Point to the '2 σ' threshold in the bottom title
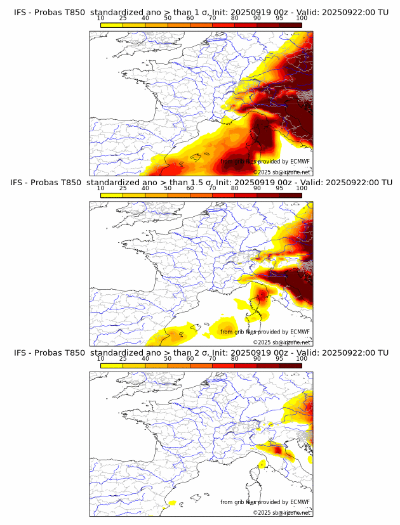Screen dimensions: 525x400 (201, 353)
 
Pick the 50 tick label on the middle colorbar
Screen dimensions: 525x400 (168, 189)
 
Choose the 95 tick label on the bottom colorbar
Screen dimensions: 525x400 (279, 359)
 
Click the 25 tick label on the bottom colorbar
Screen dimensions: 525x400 (123, 359)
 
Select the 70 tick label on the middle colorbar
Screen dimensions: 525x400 (213, 189)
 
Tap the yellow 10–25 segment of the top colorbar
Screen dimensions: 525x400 (112, 25)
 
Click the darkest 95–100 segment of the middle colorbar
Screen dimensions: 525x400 (291, 195)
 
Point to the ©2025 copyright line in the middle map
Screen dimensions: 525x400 (281, 342)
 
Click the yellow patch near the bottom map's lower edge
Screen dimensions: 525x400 (171, 503)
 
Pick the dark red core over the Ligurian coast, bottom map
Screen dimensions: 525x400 (277, 450)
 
